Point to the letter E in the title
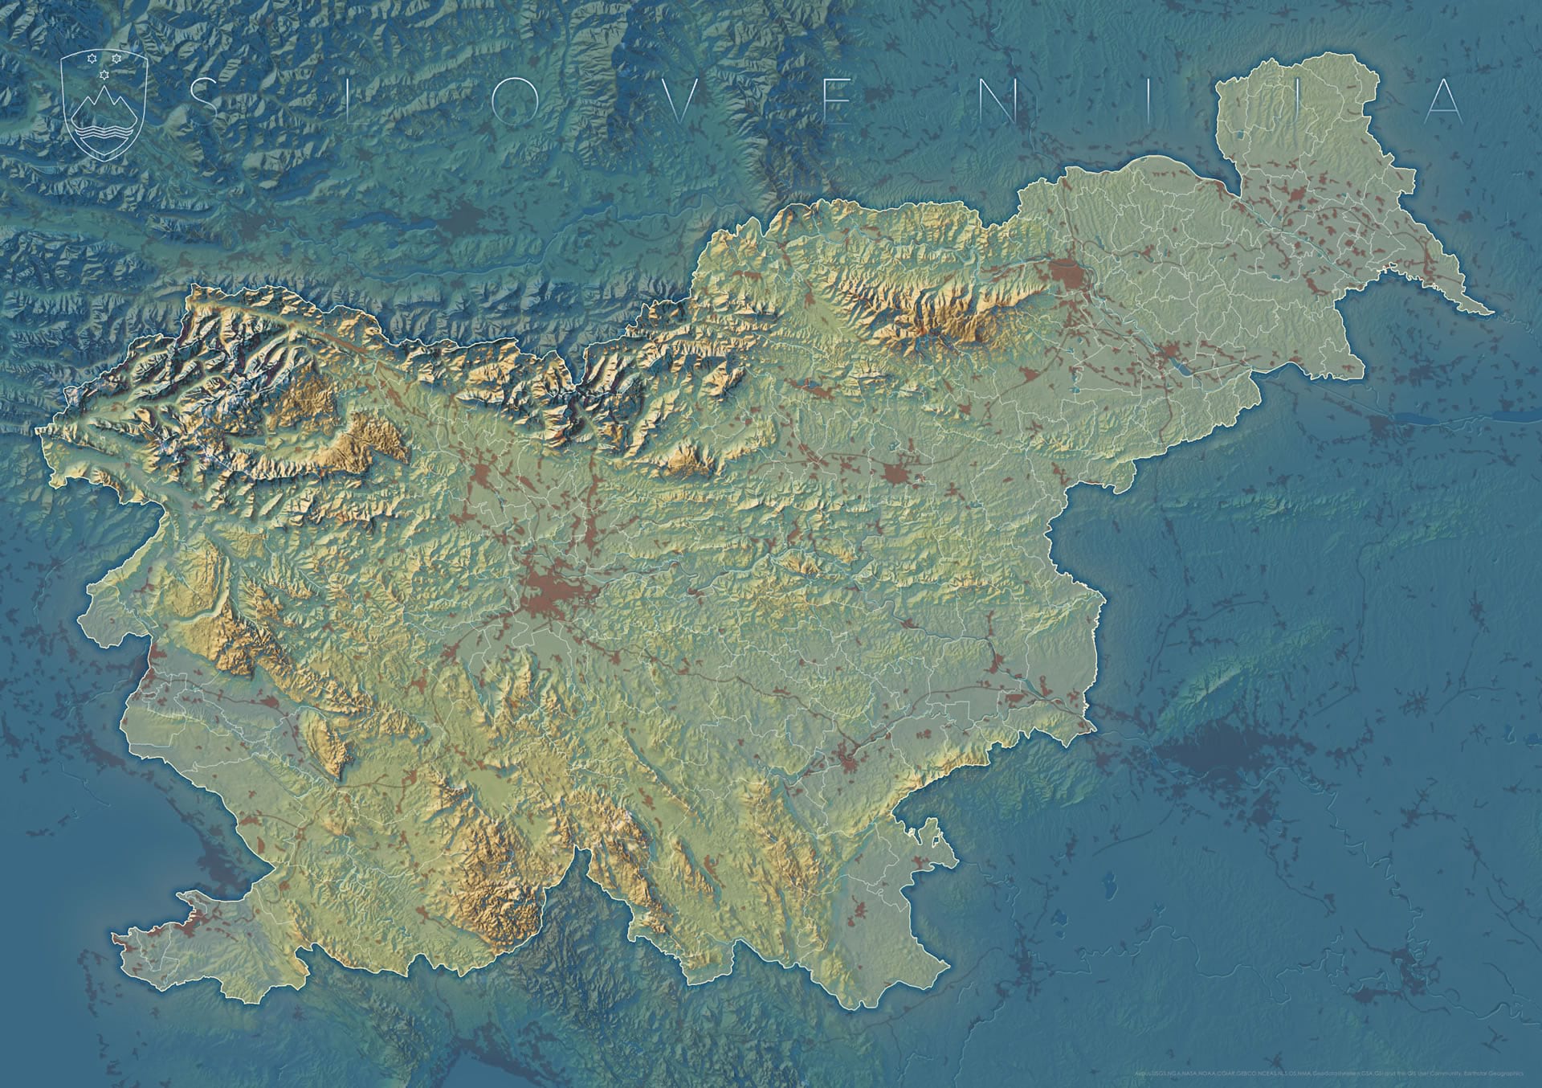(x=841, y=101)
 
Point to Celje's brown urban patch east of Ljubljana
(x=897, y=472)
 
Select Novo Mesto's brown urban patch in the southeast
(x=842, y=756)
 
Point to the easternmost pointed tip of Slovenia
(x=1492, y=312)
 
